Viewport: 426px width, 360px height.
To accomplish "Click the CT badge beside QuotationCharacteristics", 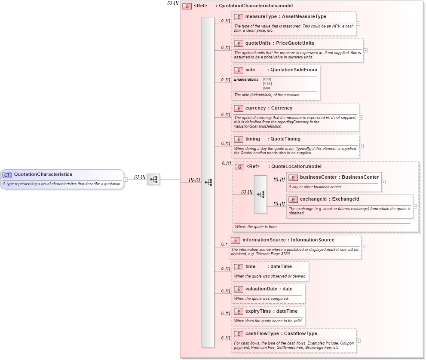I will coord(7,175).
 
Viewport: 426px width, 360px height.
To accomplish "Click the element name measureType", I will coord(258,16).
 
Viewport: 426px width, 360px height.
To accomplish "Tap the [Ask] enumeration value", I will coord(267,83).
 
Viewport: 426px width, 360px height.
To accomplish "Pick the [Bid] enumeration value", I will coord(267,79).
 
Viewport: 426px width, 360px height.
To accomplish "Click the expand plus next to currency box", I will coord(361,117).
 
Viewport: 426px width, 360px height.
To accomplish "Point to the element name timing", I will coord(252,139).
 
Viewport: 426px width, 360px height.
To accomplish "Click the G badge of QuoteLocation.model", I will coord(239,167).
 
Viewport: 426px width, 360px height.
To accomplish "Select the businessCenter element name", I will coord(318,177).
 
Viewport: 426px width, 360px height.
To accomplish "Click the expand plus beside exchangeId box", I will coord(415,206).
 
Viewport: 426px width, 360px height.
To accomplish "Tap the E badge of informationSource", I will coord(235,240).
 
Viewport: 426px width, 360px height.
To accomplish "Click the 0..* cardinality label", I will coord(224,244).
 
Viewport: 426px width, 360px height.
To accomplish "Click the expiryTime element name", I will coord(258,311).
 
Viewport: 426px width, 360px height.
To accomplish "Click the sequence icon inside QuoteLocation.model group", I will coord(261,194).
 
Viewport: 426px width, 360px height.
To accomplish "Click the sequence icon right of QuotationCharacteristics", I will coord(153,180).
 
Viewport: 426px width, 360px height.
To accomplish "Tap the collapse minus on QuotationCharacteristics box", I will coord(126,180).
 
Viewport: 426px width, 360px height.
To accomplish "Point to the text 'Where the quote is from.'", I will coord(256,226).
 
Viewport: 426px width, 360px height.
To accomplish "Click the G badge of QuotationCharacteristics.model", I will coord(187,6).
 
